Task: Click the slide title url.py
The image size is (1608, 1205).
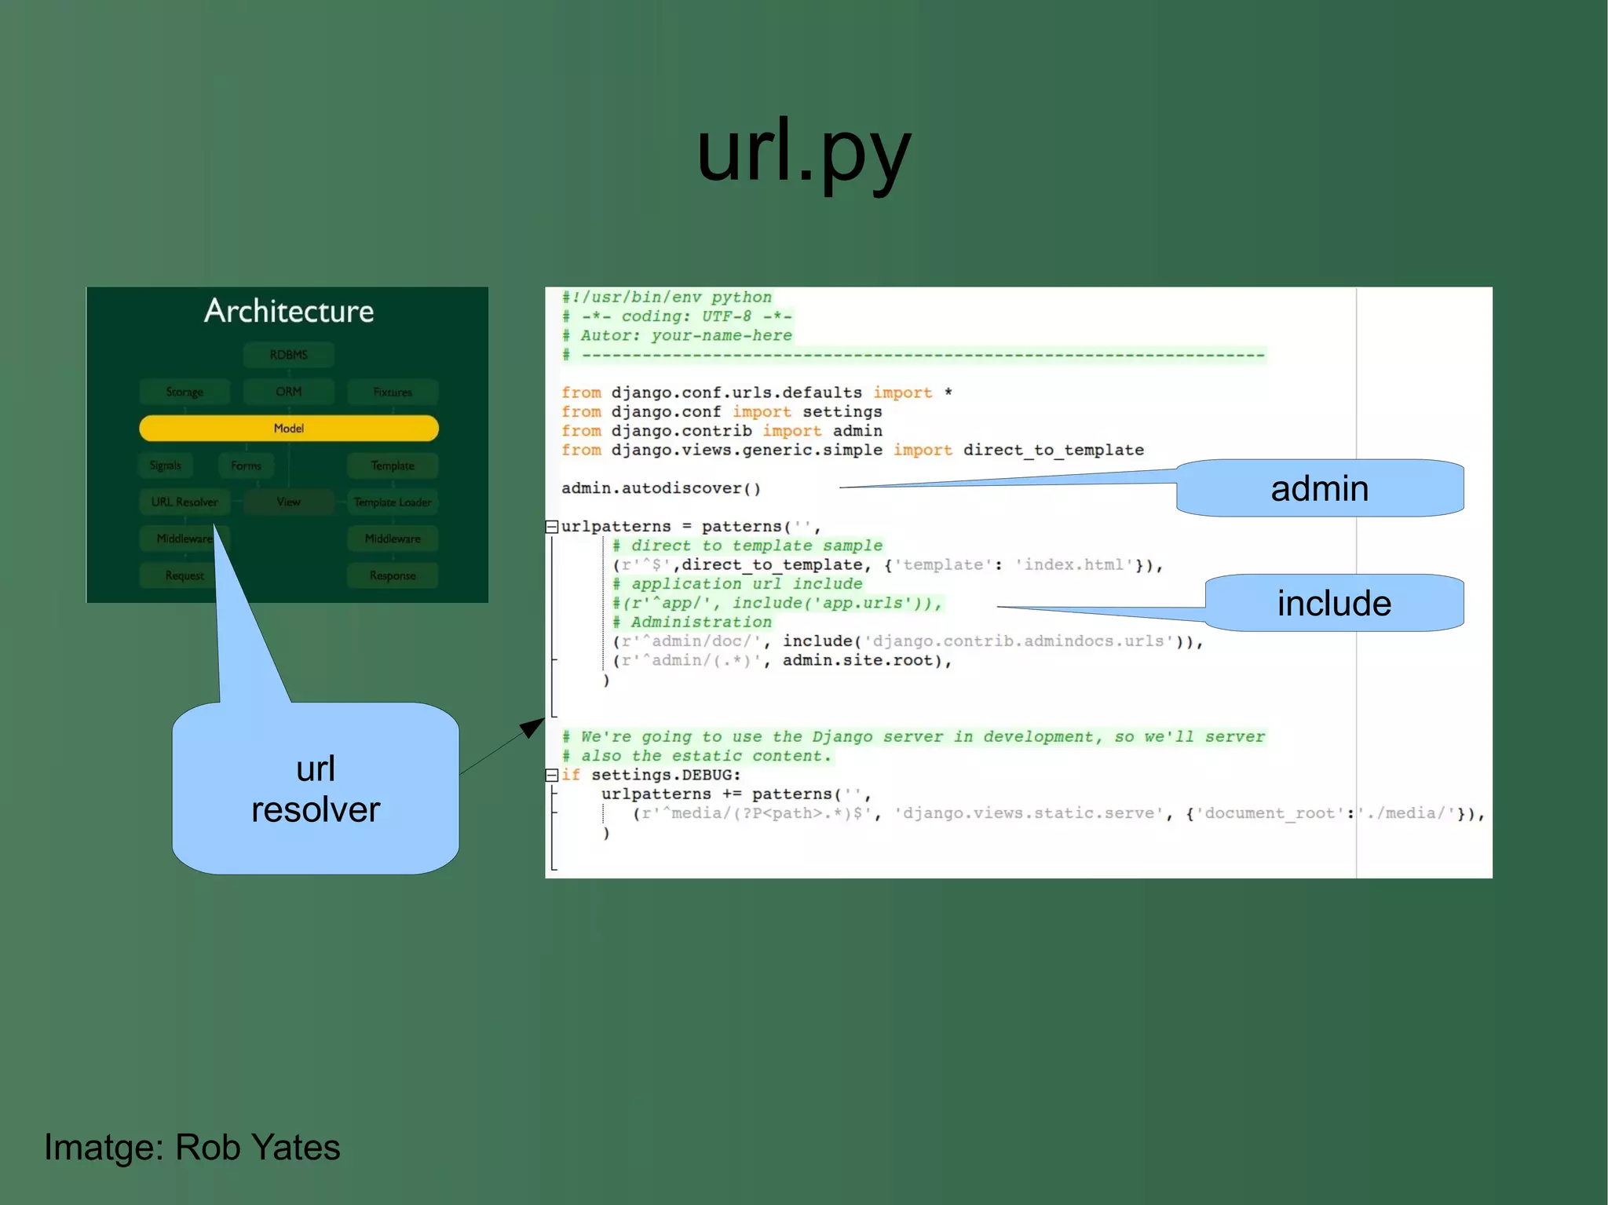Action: (x=803, y=152)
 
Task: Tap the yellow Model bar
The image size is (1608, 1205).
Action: (x=289, y=429)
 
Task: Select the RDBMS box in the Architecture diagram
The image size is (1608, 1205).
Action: (x=289, y=355)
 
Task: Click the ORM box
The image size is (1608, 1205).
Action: (x=289, y=392)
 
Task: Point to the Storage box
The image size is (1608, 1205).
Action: (x=185, y=392)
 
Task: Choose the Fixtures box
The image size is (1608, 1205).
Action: (x=393, y=392)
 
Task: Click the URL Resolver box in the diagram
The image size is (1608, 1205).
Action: (x=185, y=502)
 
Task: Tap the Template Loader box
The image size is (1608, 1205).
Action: (x=393, y=502)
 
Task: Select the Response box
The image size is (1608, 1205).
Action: (x=393, y=575)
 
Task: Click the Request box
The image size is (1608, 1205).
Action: (x=185, y=575)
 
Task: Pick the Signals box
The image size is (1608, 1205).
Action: (x=166, y=466)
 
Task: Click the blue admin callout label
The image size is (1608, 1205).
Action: (x=1320, y=488)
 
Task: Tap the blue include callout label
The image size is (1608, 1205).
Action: (x=1334, y=603)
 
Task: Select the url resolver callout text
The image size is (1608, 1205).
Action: (x=316, y=789)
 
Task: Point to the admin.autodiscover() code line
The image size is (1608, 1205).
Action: (x=661, y=488)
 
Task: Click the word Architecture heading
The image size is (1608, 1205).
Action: (x=289, y=312)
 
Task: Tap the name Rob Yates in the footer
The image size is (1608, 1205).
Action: (x=258, y=1147)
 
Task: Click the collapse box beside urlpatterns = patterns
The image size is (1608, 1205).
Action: (x=552, y=527)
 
